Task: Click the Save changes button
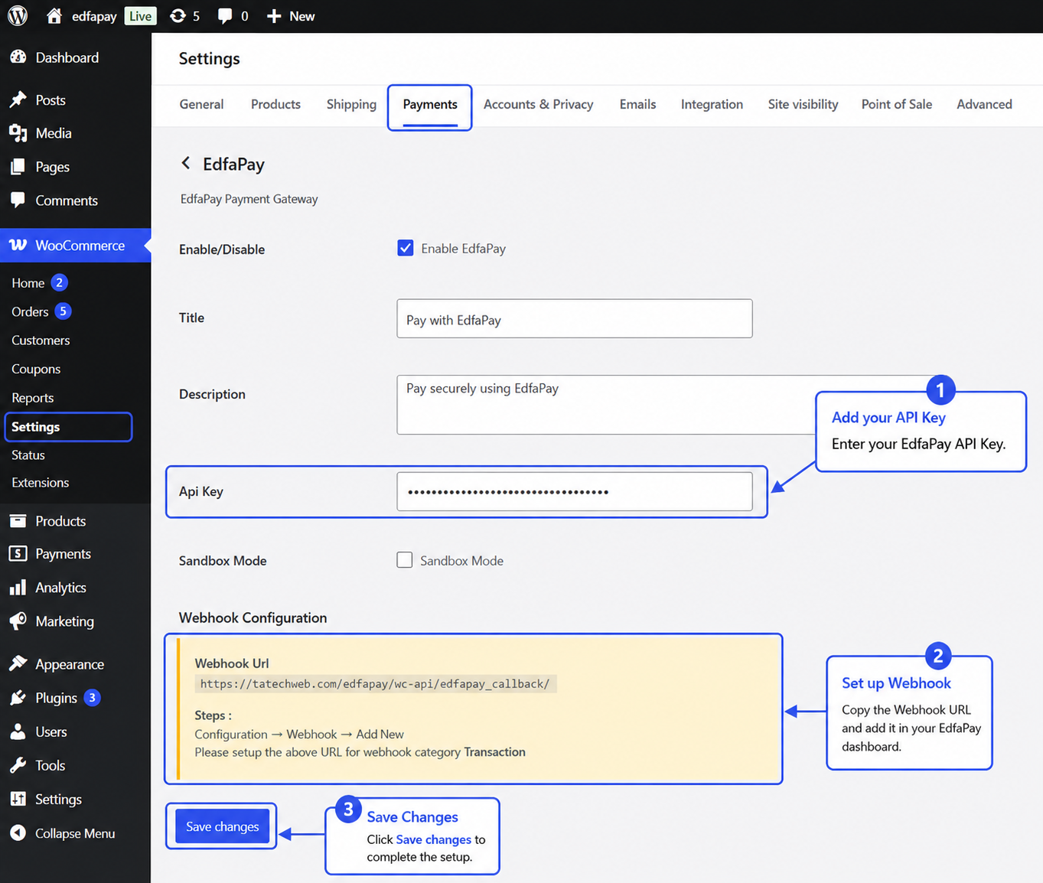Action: coord(222,826)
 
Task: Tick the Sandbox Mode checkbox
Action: coord(404,559)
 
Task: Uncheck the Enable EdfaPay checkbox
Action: coord(406,248)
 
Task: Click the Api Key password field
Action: coord(574,491)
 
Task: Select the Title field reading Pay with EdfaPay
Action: coord(574,318)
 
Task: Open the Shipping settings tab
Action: coord(351,105)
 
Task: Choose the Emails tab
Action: coord(637,105)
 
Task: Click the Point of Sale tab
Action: coord(896,105)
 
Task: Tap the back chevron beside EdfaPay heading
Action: coord(186,163)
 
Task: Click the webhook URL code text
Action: coord(375,684)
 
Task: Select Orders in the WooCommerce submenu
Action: coord(30,312)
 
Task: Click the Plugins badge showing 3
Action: coord(92,698)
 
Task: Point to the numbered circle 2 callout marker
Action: coord(938,656)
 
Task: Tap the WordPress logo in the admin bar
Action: coord(18,16)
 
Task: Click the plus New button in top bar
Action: coord(291,16)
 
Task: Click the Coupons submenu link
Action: coord(36,370)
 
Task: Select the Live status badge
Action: coord(140,16)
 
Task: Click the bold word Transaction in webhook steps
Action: coord(494,752)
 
